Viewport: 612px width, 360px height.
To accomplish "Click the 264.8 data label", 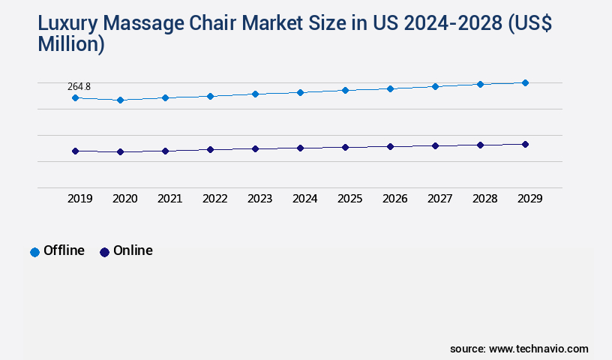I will coord(79,87).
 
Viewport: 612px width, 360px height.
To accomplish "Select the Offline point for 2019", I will coord(75,98).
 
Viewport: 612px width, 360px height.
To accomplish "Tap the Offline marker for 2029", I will coord(525,82).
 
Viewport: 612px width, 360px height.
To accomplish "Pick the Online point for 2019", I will coord(75,151).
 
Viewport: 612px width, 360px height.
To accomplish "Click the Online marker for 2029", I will coord(525,144).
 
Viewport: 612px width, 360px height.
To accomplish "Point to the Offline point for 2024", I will coord(300,92).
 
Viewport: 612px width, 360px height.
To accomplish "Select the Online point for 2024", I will coord(300,148).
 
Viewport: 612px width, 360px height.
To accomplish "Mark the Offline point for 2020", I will coord(120,100).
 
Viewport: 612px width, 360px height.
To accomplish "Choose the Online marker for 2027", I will coord(435,145).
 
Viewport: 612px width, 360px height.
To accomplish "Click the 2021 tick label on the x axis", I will coord(169,199).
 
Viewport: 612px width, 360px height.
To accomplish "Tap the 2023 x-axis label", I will coord(259,199).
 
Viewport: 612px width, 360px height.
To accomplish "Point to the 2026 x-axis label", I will coord(394,199).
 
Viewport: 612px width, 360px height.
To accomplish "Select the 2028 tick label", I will coord(484,199).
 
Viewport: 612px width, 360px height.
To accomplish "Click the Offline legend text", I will coord(64,250).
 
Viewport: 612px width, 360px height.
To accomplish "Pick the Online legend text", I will coord(133,250).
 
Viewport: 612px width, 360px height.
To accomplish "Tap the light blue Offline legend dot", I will coord(34,252).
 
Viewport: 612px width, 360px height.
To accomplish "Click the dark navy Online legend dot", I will coord(104,252).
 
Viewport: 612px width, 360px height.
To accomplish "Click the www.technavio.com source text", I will coord(538,349).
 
